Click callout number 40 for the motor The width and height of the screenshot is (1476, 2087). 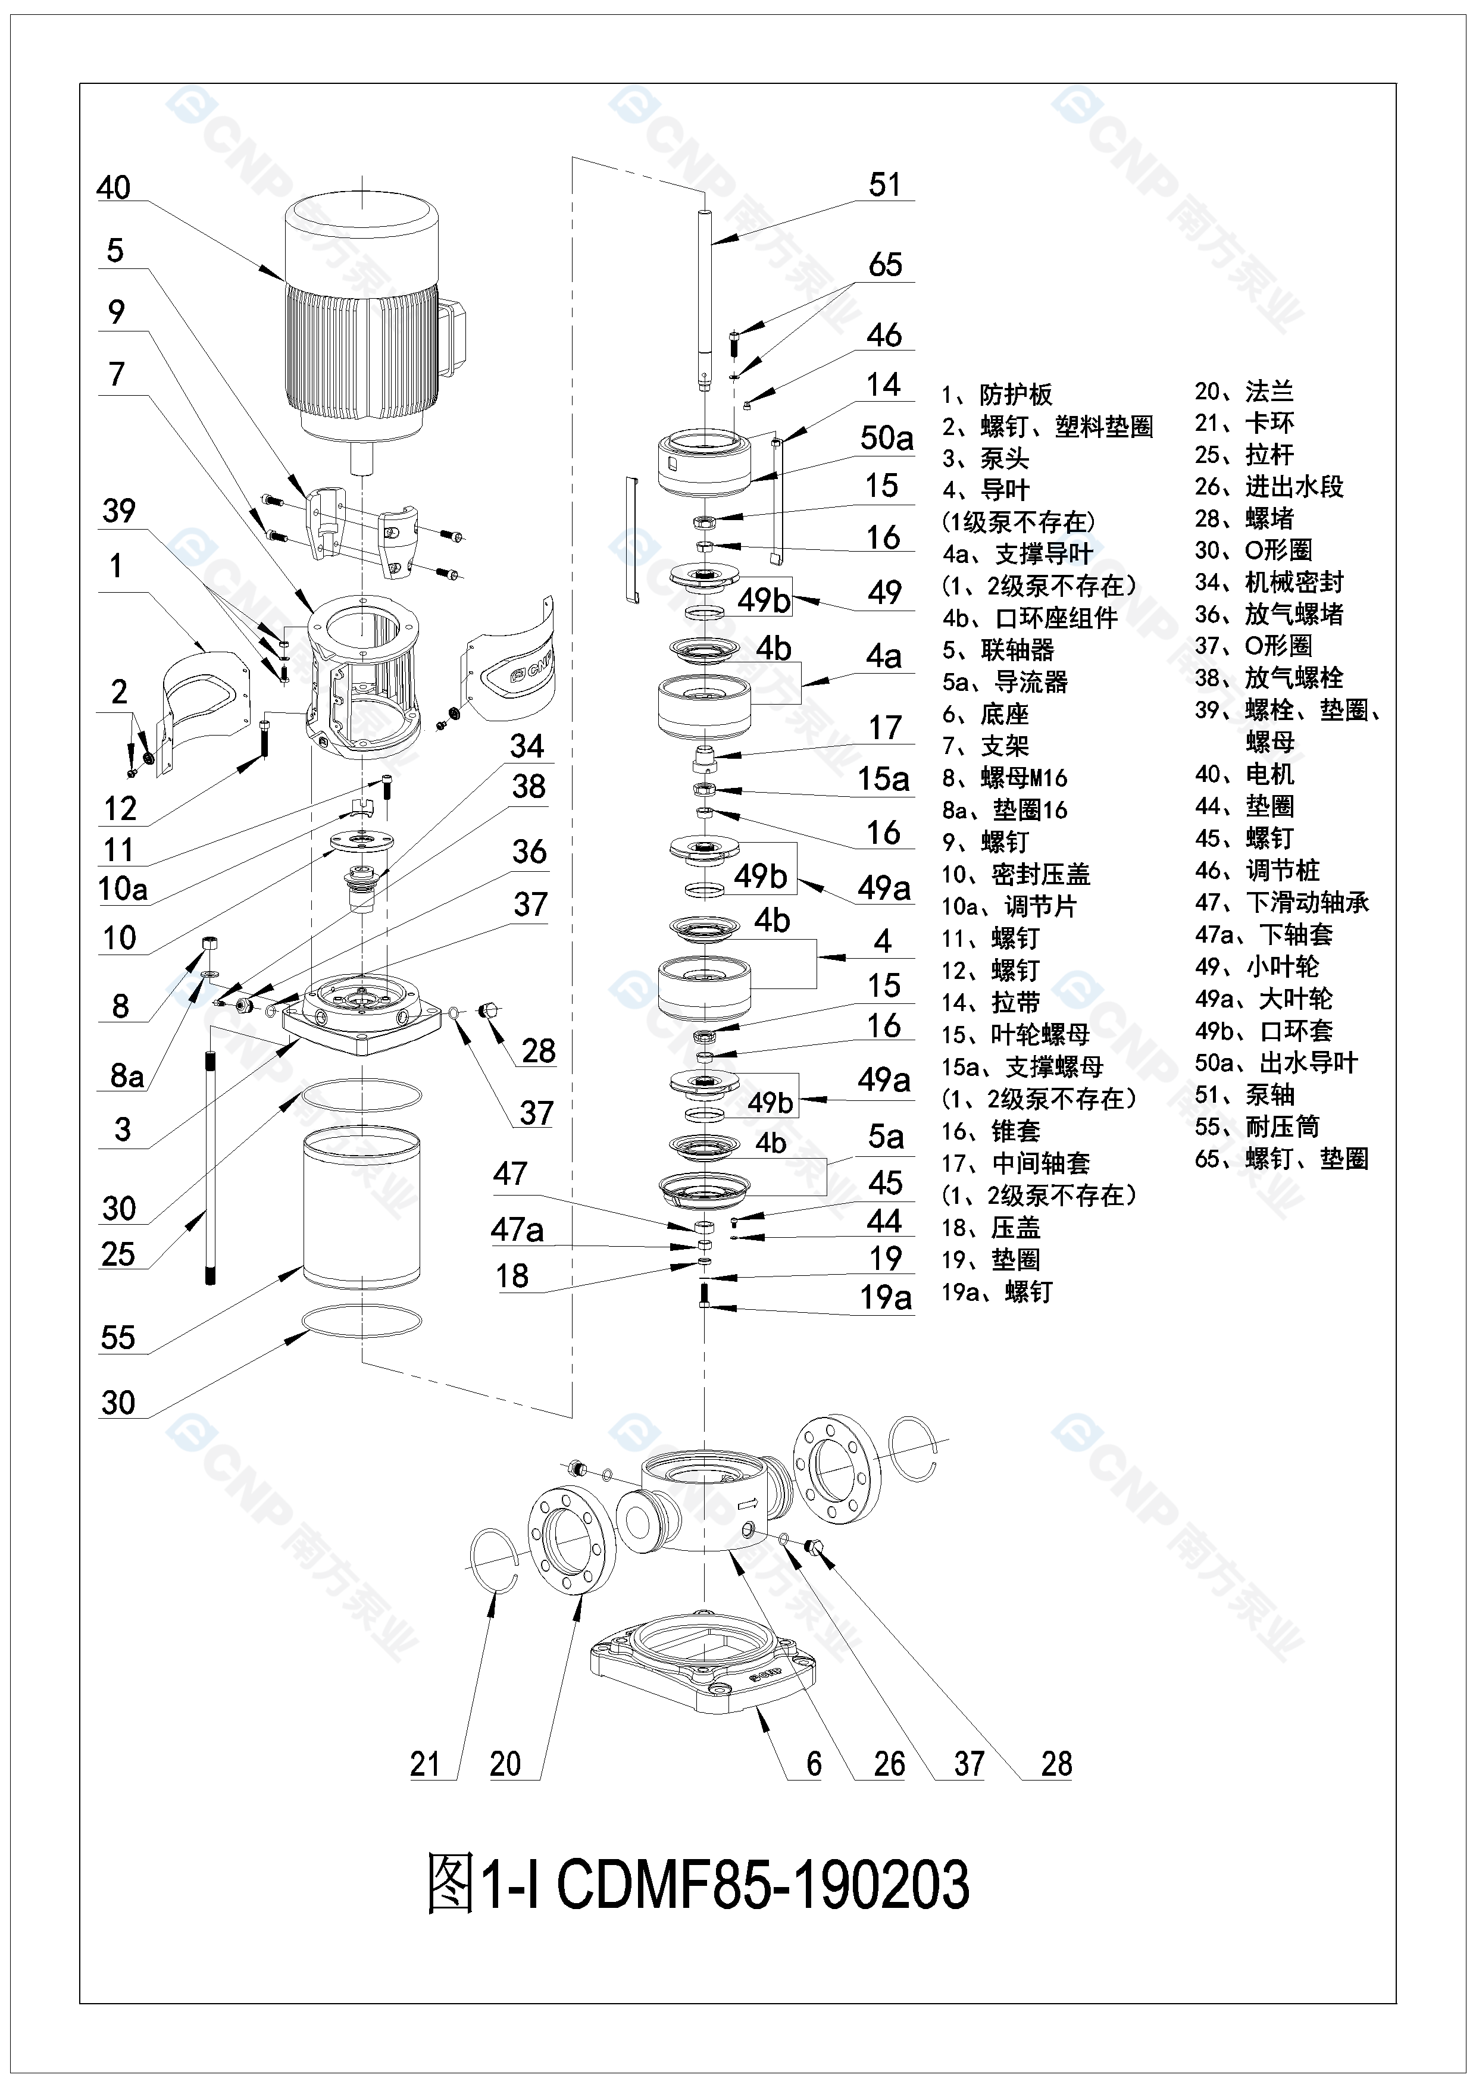114,188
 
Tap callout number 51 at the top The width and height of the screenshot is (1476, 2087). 884,186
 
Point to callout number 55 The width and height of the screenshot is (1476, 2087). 118,1338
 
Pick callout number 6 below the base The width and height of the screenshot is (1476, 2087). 814,1764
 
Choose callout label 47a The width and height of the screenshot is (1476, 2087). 517,1230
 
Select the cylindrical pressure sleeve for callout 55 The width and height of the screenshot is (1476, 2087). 362,1209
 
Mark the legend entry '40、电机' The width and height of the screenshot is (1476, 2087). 1243,774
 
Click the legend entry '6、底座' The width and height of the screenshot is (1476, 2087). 985,715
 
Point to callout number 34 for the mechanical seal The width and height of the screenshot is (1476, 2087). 527,746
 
